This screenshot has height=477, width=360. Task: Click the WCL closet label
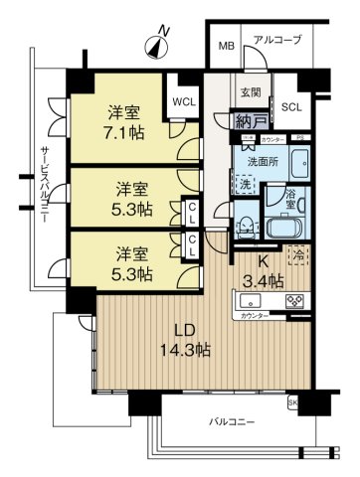click(183, 102)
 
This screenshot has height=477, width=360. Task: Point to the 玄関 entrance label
click(250, 94)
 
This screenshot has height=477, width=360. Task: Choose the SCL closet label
click(290, 107)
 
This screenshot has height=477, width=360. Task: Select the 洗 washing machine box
click(245, 185)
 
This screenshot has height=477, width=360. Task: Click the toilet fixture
click(244, 225)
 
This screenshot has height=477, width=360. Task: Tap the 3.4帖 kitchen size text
click(264, 281)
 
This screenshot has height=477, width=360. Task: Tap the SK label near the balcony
click(292, 402)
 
